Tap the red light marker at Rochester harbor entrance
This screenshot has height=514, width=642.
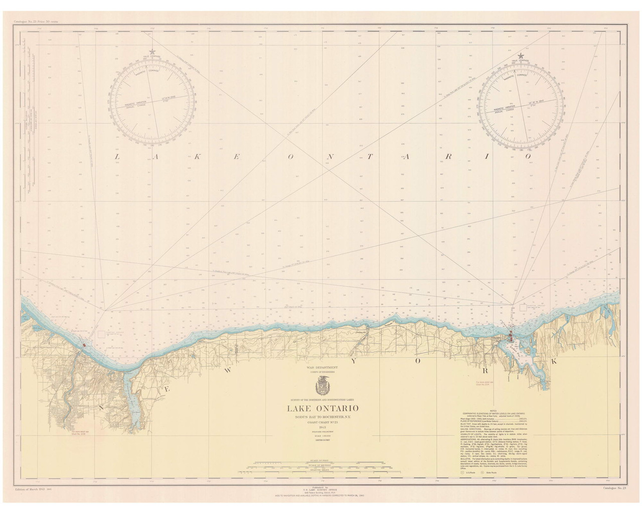pos(86,345)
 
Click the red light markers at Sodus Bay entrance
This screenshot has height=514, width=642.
pos(511,333)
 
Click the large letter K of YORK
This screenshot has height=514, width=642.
pos(554,362)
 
